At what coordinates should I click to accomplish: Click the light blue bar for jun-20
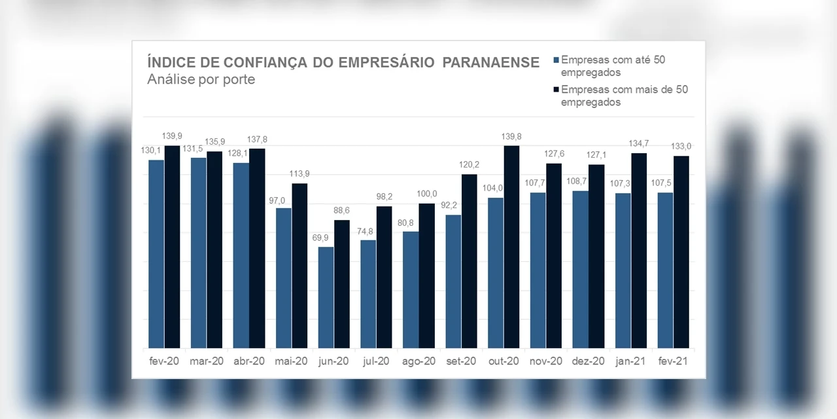pyautogui.click(x=326, y=297)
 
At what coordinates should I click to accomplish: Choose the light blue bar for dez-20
pyautogui.click(x=580, y=269)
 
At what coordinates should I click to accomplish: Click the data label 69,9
pyautogui.click(x=320, y=238)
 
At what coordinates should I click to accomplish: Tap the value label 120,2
pyautogui.click(x=468, y=164)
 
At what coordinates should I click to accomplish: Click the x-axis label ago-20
pyautogui.click(x=418, y=361)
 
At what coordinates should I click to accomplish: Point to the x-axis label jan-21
pyautogui.click(x=630, y=361)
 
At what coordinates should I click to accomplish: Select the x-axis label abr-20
pyautogui.click(x=248, y=361)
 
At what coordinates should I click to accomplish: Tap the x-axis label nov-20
pyautogui.click(x=546, y=361)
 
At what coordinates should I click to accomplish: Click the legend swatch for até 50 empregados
pyautogui.click(x=556, y=60)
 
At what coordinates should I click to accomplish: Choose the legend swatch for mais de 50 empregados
pyautogui.click(x=556, y=90)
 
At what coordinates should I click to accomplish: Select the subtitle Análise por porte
pyautogui.click(x=201, y=79)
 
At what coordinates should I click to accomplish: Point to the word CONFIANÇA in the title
pyautogui.click(x=256, y=62)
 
